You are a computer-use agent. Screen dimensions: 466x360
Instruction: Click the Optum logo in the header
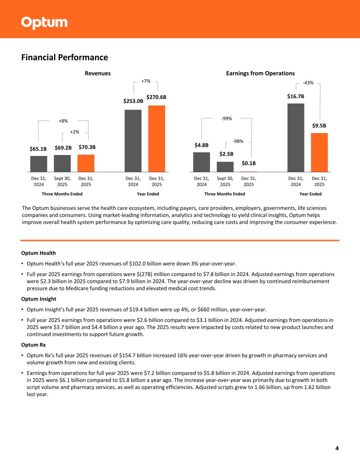pos(44,23)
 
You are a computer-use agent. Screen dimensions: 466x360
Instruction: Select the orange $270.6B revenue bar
pos(157,138)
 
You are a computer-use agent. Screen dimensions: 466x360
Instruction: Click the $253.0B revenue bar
pos(133,141)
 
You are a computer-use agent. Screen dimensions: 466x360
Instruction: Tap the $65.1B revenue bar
pos(39,164)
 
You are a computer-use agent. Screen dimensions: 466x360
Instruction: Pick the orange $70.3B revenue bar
pos(86,163)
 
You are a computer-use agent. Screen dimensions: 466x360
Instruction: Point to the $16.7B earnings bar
pos(296,138)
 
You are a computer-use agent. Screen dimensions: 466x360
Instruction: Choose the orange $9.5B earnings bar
pos(319,152)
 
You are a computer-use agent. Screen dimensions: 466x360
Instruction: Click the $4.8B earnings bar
pos(202,162)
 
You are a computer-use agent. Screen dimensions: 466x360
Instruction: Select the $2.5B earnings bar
pos(225,167)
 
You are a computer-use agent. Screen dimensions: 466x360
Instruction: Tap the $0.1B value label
pos(249,164)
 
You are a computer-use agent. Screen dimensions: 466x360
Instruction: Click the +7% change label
pos(146,81)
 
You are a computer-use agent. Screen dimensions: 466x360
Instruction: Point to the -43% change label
pos(308,83)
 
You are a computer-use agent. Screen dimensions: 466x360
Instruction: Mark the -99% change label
pos(227,118)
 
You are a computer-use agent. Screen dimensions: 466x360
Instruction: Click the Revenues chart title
pos(98,73)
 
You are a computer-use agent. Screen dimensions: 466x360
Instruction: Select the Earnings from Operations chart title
pos(260,73)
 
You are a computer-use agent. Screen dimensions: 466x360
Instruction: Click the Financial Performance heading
pos(64,57)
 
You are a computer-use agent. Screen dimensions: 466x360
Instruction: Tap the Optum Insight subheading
pos(39,299)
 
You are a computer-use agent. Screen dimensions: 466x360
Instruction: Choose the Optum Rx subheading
pos(33,345)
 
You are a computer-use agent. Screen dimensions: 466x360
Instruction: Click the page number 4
pos(337,448)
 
